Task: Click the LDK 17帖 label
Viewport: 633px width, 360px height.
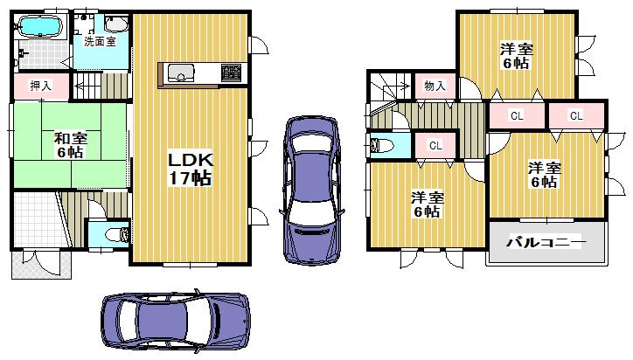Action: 190,167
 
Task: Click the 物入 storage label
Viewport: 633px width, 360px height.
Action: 435,86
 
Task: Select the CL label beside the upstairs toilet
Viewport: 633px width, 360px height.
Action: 435,146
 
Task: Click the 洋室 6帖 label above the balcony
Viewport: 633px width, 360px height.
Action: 543,175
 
